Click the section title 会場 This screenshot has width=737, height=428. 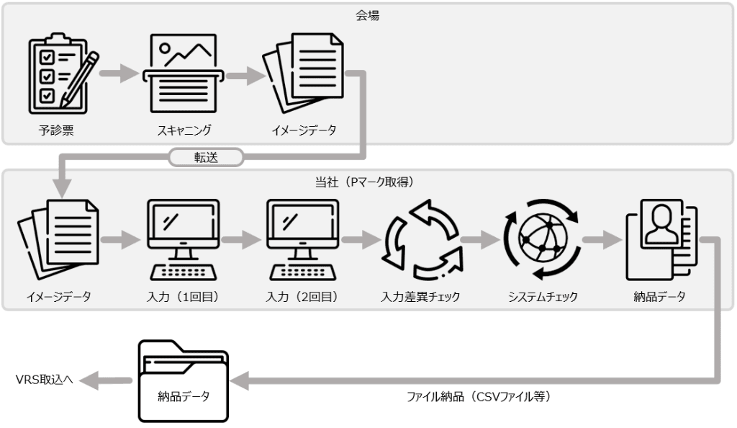click(367, 15)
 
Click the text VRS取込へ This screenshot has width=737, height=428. click(44, 379)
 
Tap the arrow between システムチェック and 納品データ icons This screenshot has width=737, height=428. click(601, 240)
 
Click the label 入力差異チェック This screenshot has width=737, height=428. click(422, 296)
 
